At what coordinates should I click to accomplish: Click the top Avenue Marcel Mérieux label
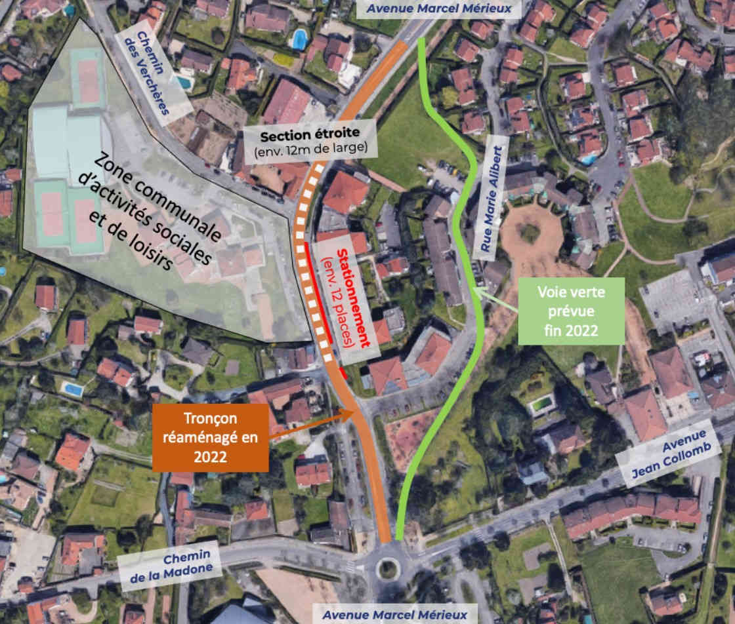[x=439, y=9]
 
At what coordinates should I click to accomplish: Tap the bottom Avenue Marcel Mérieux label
[x=395, y=614]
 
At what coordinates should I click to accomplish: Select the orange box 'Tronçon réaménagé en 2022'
[x=210, y=437]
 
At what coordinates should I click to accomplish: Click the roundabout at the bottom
[x=387, y=568]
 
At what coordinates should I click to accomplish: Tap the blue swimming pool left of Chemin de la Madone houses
[x=73, y=389]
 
